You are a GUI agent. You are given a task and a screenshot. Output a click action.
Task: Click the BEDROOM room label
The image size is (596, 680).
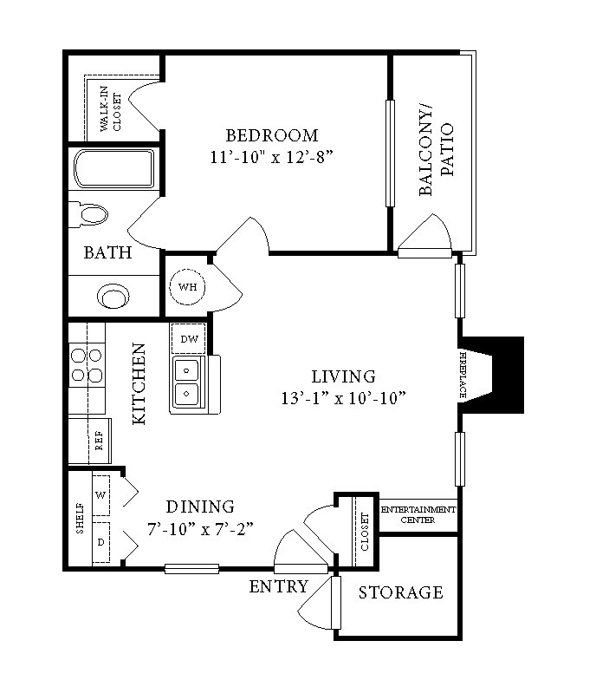[x=272, y=135]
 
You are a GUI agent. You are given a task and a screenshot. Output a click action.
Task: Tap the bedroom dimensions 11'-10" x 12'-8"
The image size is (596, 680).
[x=272, y=157]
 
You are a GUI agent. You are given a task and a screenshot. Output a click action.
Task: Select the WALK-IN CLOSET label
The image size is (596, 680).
[x=111, y=111]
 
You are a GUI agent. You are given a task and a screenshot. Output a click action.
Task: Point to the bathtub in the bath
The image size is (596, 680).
[x=113, y=169]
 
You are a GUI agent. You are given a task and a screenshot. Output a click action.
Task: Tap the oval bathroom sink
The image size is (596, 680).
[x=113, y=297]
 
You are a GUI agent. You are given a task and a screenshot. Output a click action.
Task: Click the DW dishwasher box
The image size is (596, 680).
[x=188, y=339]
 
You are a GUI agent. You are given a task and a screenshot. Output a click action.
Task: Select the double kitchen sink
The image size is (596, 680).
[x=187, y=382]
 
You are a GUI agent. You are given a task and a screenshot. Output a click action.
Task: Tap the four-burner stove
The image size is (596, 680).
[x=86, y=365]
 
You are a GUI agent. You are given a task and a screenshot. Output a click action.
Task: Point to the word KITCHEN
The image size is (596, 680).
[x=138, y=384]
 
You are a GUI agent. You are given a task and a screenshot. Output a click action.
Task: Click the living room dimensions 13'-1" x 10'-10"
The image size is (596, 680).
[x=344, y=398]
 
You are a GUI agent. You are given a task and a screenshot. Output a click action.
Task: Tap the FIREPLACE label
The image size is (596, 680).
[x=465, y=375]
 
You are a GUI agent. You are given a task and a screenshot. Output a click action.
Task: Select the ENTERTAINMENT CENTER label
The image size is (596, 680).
[x=418, y=515]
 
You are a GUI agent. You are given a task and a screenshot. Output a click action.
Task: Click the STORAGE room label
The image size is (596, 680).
[x=401, y=593]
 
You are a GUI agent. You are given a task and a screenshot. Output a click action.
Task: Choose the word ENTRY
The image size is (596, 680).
[x=278, y=587]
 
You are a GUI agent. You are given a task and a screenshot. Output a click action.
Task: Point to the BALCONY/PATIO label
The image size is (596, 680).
[x=437, y=150]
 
